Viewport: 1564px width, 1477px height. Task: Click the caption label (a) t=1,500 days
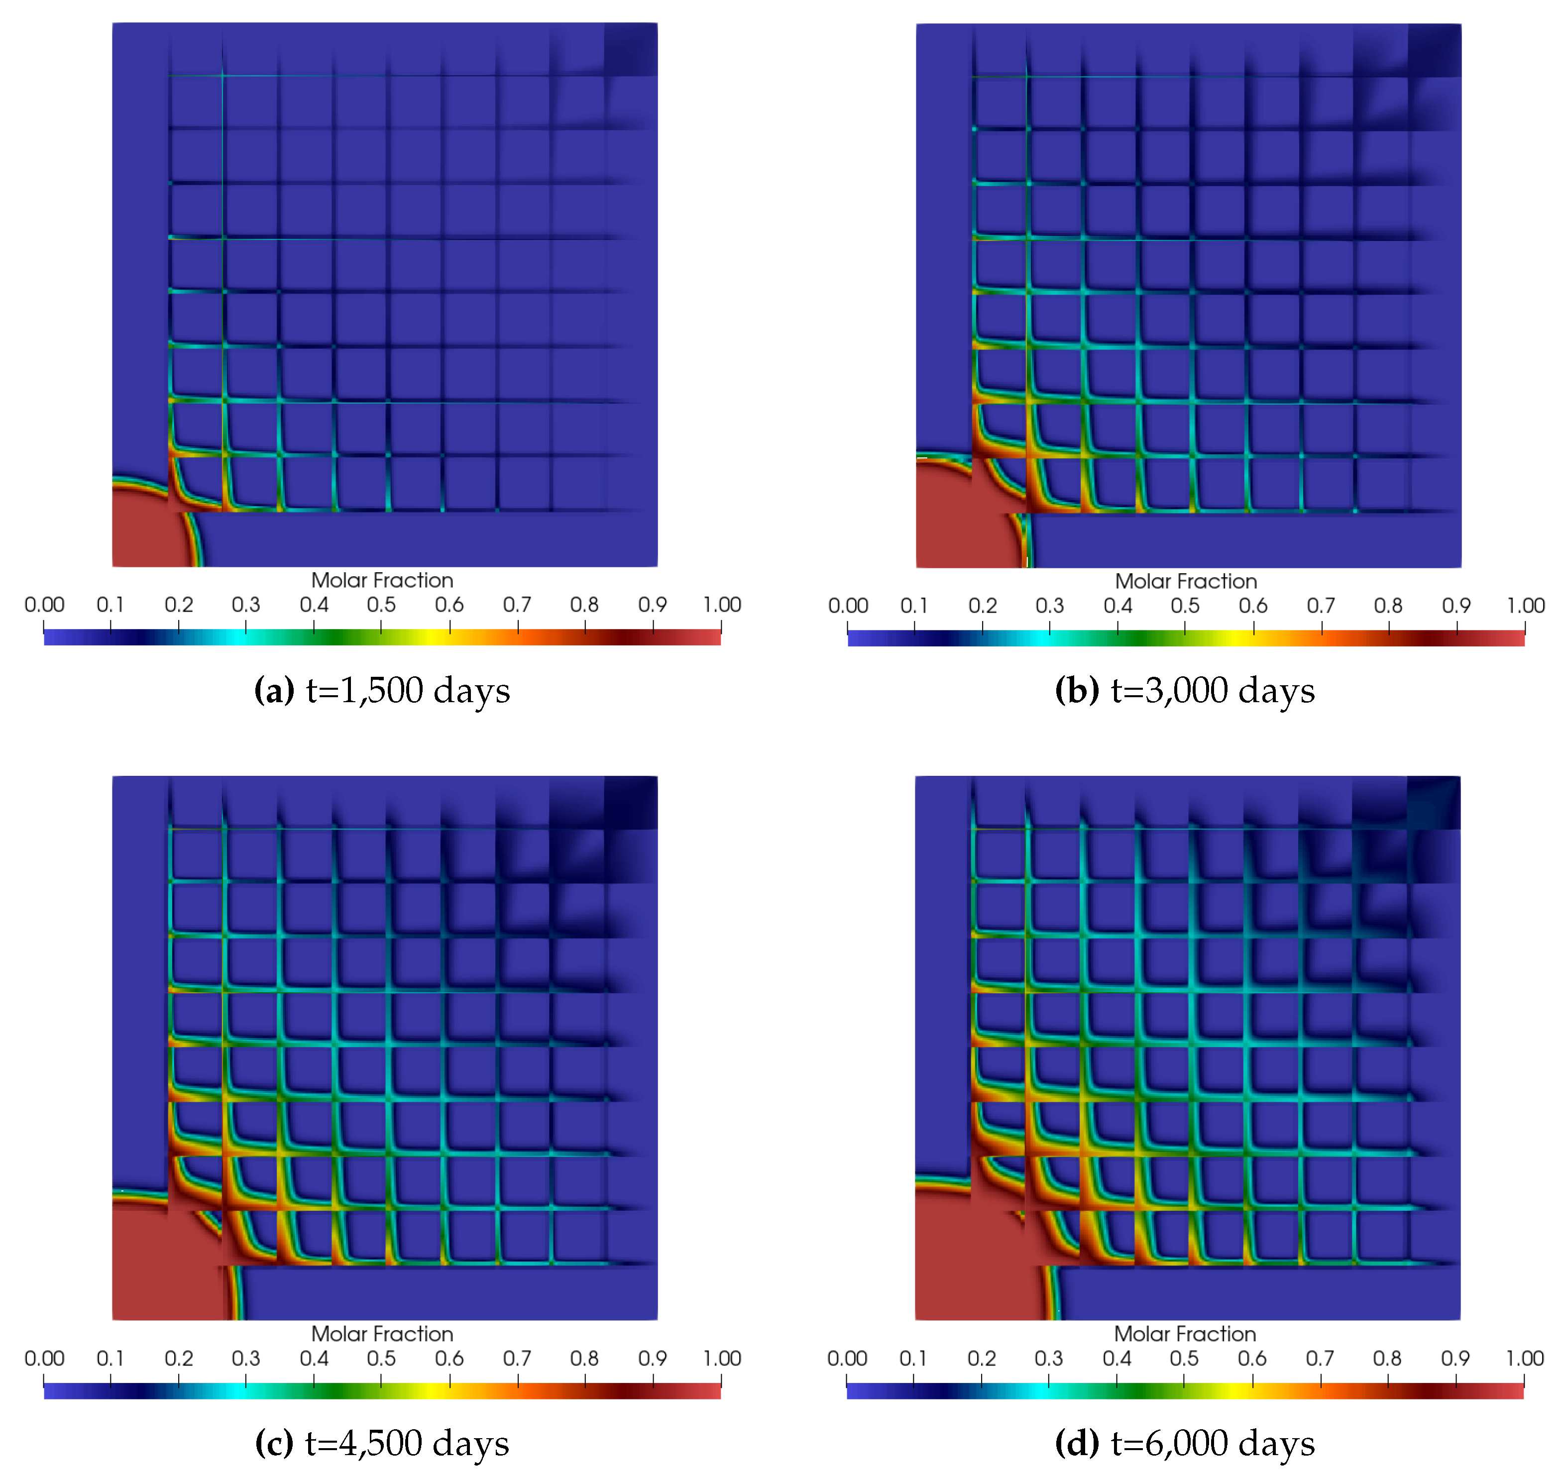click(382, 690)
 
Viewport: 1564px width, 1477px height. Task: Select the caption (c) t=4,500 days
click(382, 1443)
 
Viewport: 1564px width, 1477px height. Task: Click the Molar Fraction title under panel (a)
click(382, 580)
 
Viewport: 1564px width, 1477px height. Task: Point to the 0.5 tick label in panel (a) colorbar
click(381, 605)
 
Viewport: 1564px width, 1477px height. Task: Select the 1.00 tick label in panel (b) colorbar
click(1525, 606)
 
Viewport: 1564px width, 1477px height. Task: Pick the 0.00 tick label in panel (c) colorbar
click(44, 1358)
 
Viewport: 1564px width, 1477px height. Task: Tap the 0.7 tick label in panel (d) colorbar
click(1320, 1358)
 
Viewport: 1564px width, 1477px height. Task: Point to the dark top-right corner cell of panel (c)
click(630, 802)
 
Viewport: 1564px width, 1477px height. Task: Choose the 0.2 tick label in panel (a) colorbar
click(179, 605)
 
